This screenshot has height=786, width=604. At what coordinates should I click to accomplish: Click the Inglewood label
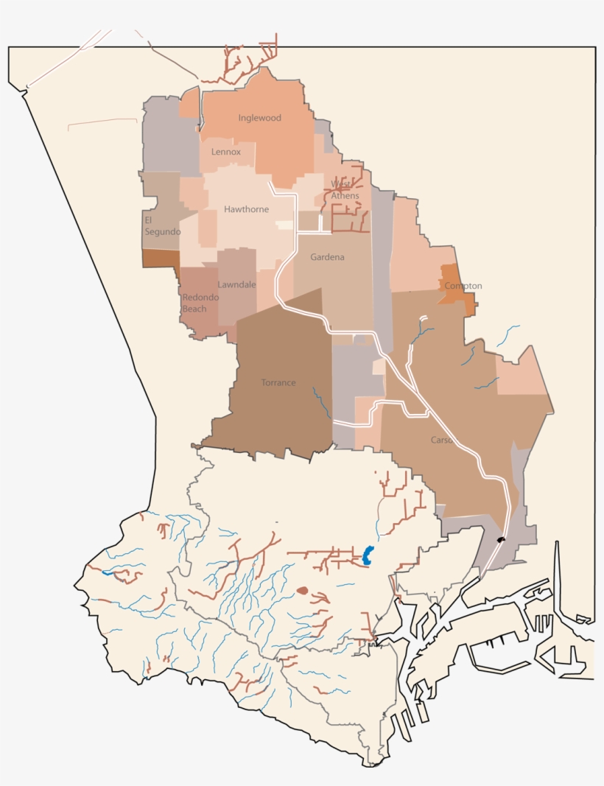coord(259,118)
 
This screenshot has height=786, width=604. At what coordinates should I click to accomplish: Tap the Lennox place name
coord(226,152)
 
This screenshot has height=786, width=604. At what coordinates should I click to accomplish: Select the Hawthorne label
coord(246,209)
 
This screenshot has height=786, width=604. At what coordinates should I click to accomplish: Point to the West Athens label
coord(345,190)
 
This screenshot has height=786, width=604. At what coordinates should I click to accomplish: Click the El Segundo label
coord(162,226)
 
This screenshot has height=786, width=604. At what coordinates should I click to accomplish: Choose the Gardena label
coord(327,257)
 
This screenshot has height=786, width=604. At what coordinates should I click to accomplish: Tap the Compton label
coord(463,286)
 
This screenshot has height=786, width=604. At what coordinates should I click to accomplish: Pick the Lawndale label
coord(236,284)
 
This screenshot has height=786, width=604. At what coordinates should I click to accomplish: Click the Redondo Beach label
coord(194,303)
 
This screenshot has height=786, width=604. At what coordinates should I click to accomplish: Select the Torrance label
coord(278,382)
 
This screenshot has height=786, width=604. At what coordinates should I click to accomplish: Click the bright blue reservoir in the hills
coord(368,554)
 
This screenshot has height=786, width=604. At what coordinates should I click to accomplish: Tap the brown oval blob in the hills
coord(302,590)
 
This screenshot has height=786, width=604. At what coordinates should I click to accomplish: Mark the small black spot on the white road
coord(501,540)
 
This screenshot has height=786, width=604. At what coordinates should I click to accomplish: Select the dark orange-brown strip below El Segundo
coord(161,258)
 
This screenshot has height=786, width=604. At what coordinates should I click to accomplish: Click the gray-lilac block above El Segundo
coord(162,136)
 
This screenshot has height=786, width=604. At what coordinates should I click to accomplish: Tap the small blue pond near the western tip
coord(108,572)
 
